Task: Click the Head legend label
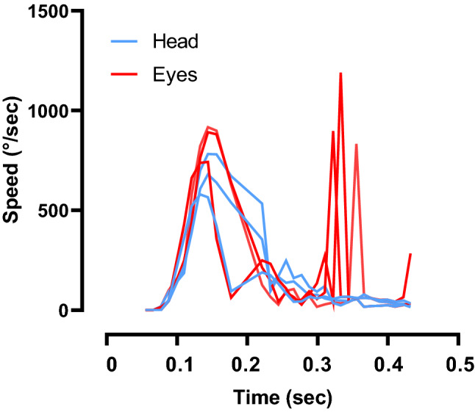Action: click(x=176, y=41)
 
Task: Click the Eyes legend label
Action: click(x=176, y=75)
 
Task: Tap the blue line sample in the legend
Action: click(x=126, y=41)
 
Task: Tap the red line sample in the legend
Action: click(x=126, y=75)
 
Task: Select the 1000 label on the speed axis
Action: click(x=48, y=111)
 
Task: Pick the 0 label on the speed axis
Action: click(x=65, y=311)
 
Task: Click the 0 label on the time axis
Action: click(x=110, y=365)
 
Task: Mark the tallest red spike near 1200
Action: click(x=340, y=73)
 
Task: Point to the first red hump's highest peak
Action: click(x=208, y=127)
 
